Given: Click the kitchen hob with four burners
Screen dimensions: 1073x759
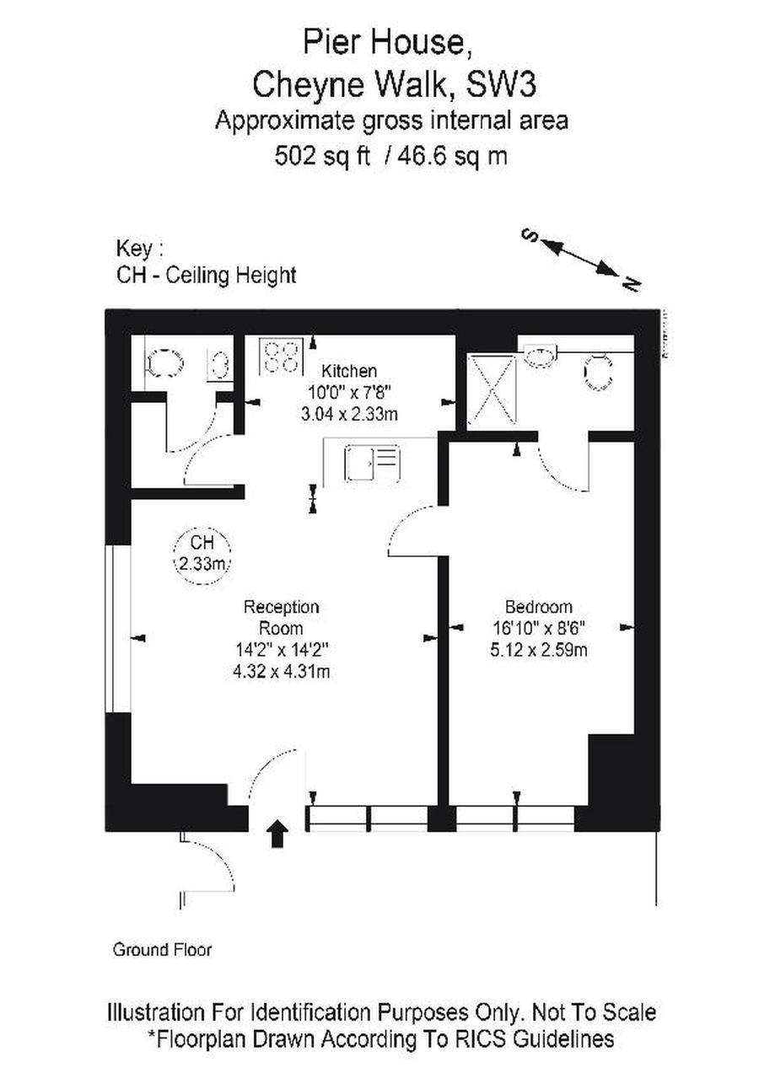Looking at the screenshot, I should (281, 356).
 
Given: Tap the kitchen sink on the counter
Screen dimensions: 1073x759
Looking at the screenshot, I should (372, 463).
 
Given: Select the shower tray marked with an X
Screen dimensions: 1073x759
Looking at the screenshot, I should (491, 389).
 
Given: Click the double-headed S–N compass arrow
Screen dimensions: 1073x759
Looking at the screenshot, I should (580, 256).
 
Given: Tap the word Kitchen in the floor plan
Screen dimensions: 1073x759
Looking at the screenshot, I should (350, 371).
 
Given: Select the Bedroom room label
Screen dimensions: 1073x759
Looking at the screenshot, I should (539, 607).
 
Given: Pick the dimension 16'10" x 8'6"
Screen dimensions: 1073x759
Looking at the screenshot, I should (539, 629).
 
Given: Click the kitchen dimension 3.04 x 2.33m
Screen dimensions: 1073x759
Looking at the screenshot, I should (350, 414).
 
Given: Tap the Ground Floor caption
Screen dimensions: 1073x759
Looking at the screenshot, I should (162, 950).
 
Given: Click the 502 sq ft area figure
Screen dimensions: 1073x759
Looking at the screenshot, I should (323, 156).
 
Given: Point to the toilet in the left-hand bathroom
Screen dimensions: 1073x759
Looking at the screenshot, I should (164, 364).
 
